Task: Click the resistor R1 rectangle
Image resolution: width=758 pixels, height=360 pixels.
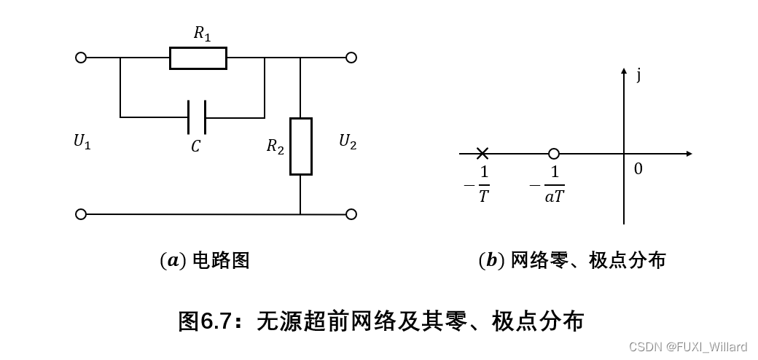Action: point(198,58)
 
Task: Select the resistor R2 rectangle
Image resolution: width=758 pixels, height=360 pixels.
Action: point(300,146)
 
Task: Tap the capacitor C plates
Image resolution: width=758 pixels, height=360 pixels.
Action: point(196,117)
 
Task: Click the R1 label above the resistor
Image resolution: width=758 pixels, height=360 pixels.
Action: point(202,33)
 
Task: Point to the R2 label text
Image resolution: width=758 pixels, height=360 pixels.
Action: point(275,146)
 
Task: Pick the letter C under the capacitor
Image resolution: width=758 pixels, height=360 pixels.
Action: point(195,147)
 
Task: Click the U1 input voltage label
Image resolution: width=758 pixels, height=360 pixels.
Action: point(82,142)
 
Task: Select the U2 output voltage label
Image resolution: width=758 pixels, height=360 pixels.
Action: point(348,141)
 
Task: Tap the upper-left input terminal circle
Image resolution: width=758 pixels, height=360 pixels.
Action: point(81,58)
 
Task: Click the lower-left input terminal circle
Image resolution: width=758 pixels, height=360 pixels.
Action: point(81,214)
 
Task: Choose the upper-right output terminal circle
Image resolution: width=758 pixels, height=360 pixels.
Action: point(351,58)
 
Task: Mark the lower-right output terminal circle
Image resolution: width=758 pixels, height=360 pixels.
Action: point(351,214)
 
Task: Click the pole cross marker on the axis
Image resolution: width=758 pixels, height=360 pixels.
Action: point(482,154)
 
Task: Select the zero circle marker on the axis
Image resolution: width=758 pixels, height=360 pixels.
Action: point(554,154)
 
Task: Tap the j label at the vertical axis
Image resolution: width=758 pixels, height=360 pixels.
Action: point(639,75)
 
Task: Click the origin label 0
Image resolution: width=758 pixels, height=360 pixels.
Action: point(638,169)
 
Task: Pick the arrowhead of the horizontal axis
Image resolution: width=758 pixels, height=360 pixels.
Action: point(687,154)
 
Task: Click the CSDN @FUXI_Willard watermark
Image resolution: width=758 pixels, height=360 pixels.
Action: point(687,347)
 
